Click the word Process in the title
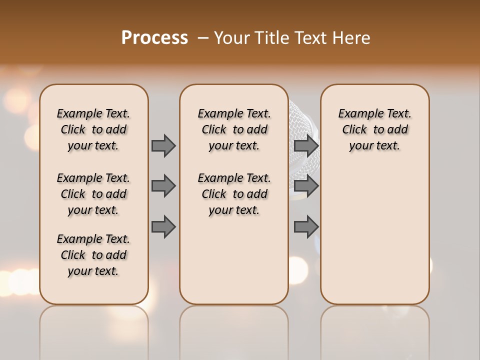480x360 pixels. [x=154, y=38]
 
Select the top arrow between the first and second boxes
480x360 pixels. [x=163, y=145]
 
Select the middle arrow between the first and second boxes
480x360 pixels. [x=163, y=186]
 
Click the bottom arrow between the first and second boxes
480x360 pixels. [x=163, y=226]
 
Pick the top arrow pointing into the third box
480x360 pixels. [x=306, y=145]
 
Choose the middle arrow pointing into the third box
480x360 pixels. [x=306, y=186]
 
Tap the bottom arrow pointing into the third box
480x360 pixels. [x=306, y=226]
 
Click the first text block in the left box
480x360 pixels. [x=93, y=129]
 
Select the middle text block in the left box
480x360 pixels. [x=93, y=194]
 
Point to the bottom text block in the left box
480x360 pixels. [x=93, y=255]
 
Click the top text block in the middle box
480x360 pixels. [x=234, y=129]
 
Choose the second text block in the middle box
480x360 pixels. [x=234, y=194]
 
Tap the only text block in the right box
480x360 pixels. [x=374, y=129]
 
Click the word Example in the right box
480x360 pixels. [x=357, y=114]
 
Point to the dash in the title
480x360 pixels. [x=203, y=38]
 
